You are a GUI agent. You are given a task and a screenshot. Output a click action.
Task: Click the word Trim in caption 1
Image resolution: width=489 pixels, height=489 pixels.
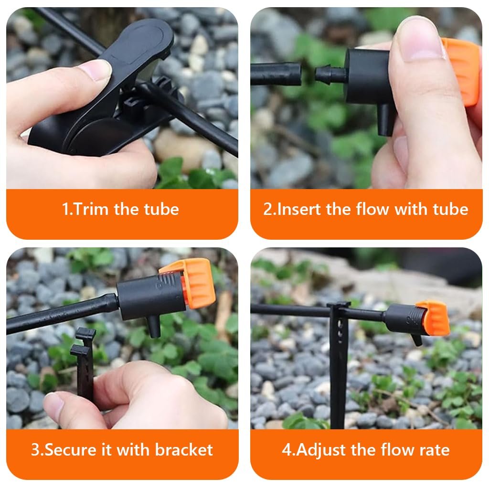[x=89, y=209]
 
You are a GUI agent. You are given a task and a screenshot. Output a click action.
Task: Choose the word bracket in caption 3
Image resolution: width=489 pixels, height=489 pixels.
[x=184, y=450]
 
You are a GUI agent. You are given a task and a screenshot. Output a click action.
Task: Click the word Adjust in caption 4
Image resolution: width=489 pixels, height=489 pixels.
[x=321, y=450]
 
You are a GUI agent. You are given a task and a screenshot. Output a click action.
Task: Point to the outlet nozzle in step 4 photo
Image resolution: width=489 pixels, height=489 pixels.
[x=416, y=339]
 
